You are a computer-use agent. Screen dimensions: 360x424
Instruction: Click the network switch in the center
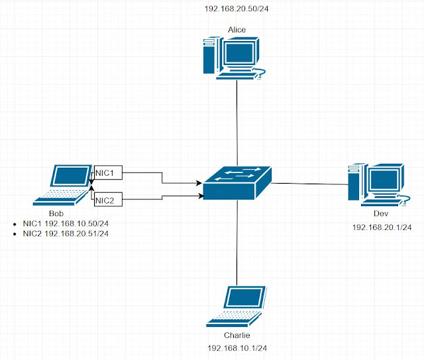(x=237, y=182)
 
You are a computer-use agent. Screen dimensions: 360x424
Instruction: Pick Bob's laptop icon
(x=62, y=184)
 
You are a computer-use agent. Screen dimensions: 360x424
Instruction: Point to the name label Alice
(x=237, y=30)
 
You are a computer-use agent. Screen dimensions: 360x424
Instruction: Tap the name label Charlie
(x=237, y=335)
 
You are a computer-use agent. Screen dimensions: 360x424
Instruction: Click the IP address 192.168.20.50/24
(x=237, y=10)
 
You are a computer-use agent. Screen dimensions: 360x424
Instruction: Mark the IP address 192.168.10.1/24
(x=237, y=347)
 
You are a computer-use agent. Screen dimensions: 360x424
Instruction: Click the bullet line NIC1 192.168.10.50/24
(x=65, y=223)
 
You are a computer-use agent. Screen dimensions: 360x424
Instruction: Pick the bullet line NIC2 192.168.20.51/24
(x=65, y=233)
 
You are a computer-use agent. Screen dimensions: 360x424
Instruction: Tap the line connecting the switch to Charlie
(x=237, y=242)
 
